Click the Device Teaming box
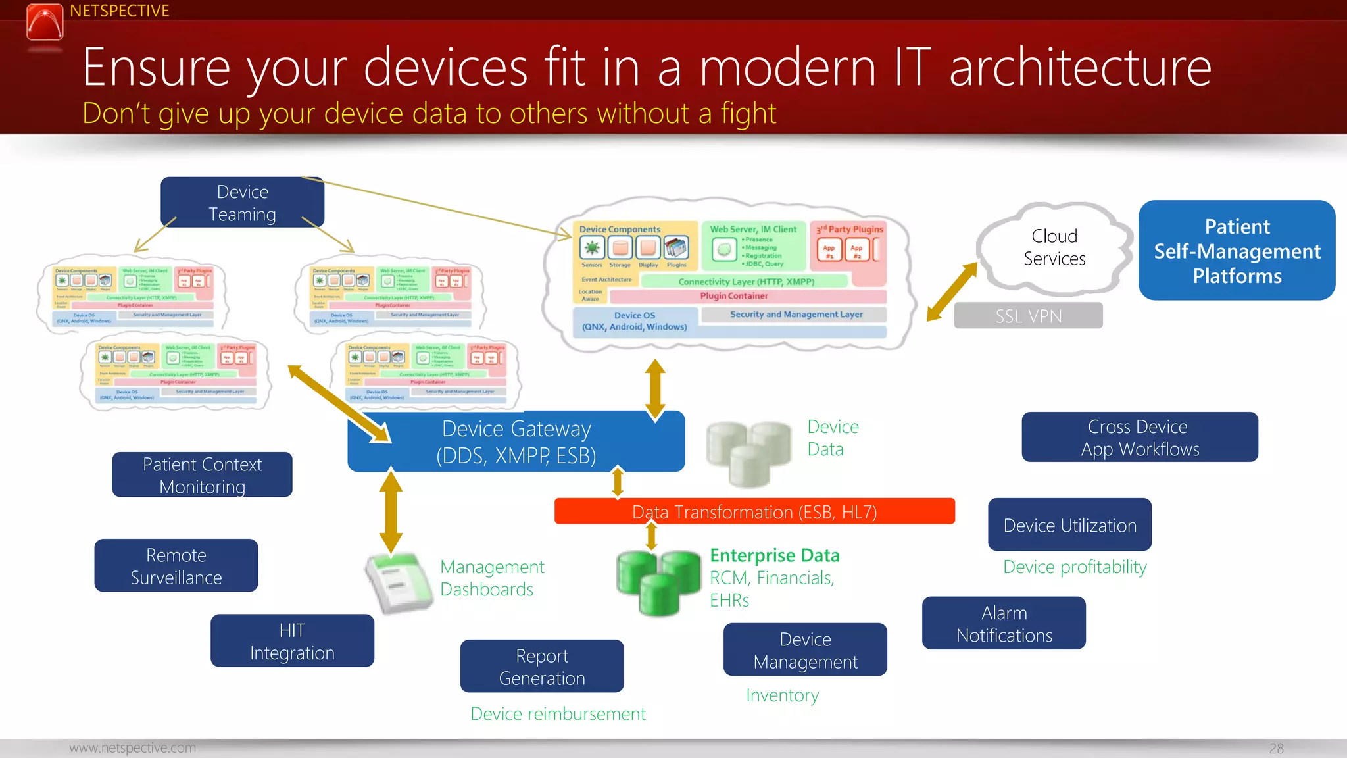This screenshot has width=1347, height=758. pos(242,203)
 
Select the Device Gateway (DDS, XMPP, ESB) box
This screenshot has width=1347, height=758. pos(516,442)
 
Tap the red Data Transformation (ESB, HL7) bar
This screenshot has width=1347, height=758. pos(754,511)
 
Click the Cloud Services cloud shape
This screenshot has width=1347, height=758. pos(1054,247)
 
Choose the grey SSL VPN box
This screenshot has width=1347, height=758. pos(1028,316)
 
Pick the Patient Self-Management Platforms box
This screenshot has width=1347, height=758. pos(1237,251)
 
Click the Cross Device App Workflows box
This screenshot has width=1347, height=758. pos(1139,438)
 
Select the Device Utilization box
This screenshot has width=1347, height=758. pos(1069,525)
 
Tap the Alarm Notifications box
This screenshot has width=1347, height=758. pos(1004,623)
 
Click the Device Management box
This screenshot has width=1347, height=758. pos(805,650)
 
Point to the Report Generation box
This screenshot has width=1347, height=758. pos(542,666)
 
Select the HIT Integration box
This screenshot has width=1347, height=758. pos(292,641)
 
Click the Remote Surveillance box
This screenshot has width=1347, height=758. pos(176,566)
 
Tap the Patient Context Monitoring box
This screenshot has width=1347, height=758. pos(203,475)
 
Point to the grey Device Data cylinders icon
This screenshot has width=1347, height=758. pos(748,453)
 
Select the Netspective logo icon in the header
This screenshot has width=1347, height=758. pos(45,23)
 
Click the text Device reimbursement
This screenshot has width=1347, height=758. pos(558,714)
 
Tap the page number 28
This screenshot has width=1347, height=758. pos(1276,748)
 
